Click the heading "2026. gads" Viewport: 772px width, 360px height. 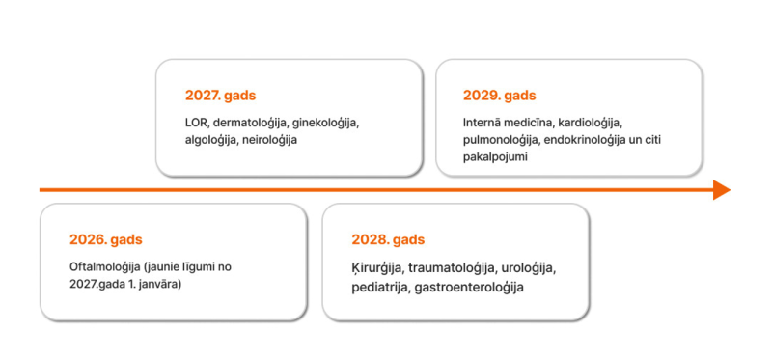[105, 240]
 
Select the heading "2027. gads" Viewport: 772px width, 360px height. [220, 96]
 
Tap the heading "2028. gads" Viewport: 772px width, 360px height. [388, 240]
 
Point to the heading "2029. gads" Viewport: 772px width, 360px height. [499, 96]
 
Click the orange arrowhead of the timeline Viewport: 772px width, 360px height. [722, 190]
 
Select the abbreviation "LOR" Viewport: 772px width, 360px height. [196, 123]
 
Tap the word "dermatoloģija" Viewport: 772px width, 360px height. [249, 123]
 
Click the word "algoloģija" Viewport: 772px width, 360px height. [211, 140]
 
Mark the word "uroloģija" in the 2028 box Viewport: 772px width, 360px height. [528, 267]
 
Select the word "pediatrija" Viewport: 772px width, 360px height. [379, 288]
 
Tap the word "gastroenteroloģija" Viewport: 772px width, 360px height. [468, 288]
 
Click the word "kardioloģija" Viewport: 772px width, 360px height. [591, 123]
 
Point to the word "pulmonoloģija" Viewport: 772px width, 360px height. [500, 140]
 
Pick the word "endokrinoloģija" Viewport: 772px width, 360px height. [591, 140]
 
